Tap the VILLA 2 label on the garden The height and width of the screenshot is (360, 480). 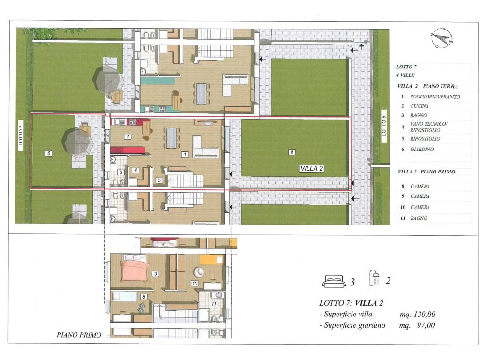[x=312, y=168]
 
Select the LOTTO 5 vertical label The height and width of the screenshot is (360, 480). [x=384, y=126]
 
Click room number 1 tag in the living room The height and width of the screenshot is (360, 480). [x=185, y=154]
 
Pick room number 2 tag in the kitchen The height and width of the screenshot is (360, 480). [x=127, y=136]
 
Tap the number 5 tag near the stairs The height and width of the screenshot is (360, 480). [x=159, y=180]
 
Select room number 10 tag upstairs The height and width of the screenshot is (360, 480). [x=195, y=284]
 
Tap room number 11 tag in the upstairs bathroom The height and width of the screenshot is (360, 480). [x=213, y=304]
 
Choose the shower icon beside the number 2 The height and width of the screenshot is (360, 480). [x=375, y=278]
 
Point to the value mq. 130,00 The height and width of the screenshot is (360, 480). [x=417, y=314]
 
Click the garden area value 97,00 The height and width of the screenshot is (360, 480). [x=426, y=325]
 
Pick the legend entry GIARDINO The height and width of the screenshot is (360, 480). [x=422, y=150]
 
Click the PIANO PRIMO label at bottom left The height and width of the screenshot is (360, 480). [x=79, y=335]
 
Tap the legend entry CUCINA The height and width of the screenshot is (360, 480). [x=420, y=106]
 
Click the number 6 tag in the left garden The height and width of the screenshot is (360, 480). [x=49, y=153]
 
